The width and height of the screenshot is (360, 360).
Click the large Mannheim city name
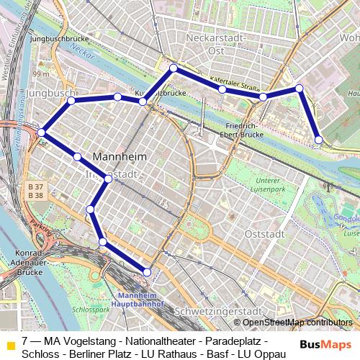(x=120, y=156)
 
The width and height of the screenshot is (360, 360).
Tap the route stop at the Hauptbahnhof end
(x=148, y=272)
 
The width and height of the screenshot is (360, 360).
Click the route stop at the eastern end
(x=319, y=139)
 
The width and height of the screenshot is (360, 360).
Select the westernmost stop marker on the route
(x=42, y=132)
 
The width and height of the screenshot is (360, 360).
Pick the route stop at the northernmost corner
(x=174, y=68)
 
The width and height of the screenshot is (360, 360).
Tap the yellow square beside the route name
(x=10, y=345)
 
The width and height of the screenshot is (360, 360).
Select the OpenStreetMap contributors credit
(x=297, y=323)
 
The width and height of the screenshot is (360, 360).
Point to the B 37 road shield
(x=35, y=186)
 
